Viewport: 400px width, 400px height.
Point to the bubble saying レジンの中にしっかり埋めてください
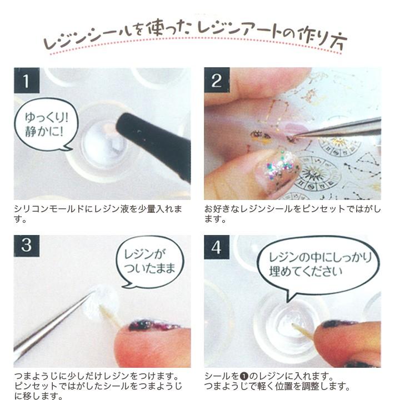(x=314, y=264)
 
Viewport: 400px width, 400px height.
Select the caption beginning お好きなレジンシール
(x=292, y=213)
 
